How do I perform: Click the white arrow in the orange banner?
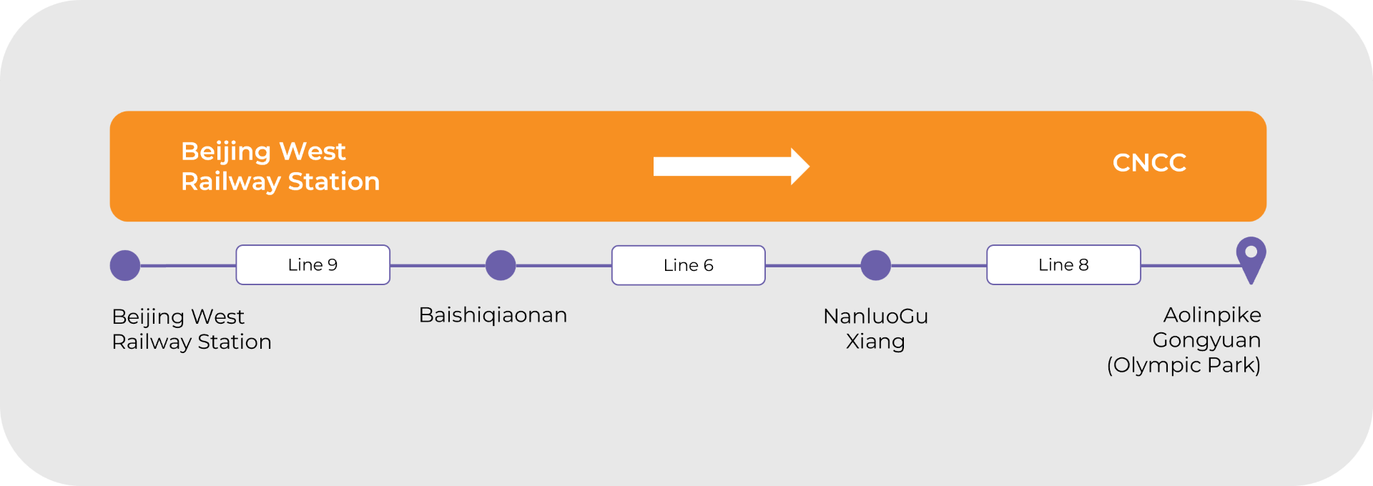click(x=729, y=167)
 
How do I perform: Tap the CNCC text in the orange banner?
click(x=1149, y=163)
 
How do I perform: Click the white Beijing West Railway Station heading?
click(x=280, y=167)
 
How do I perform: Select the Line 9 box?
click(x=313, y=265)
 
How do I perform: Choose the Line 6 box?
click(x=688, y=266)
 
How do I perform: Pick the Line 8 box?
click(x=1063, y=265)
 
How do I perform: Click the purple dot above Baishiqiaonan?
click(x=501, y=265)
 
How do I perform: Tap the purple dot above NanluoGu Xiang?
click(x=875, y=265)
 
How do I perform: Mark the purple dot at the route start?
click(x=125, y=265)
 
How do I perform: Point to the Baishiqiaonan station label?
click(x=493, y=315)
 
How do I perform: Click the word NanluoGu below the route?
click(x=875, y=316)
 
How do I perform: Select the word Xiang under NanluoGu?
click(x=875, y=342)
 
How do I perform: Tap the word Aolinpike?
click(x=1212, y=315)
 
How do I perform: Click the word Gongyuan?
click(x=1206, y=340)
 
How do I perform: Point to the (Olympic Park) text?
click(x=1183, y=365)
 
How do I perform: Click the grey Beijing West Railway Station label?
click(x=192, y=329)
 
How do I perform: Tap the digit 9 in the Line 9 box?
click(x=333, y=265)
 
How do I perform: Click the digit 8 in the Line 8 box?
click(x=1083, y=265)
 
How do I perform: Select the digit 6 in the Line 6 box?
click(x=708, y=266)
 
